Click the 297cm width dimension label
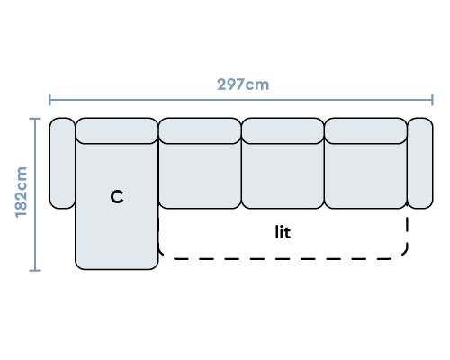click(x=243, y=85)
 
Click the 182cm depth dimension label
click(x=22, y=192)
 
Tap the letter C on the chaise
click(x=117, y=197)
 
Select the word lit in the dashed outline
click(x=283, y=232)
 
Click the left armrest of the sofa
click(x=62, y=163)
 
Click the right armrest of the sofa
click(x=420, y=163)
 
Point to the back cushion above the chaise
click(x=117, y=130)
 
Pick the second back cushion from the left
click(x=200, y=130)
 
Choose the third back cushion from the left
click(x=283, y=130)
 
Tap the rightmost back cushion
click(x=365, y=130)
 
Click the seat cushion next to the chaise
click(x=200, y=175)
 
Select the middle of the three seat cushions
click(x=283, y=175)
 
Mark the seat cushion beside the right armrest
click(x=365, y=175)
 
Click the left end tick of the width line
click(x=49, y=100)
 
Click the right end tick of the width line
click(x=432, y=100)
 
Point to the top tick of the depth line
click(x=35, y=119)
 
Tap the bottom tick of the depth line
click(x=35, y=271)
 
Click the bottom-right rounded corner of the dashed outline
click(x=404, y=254)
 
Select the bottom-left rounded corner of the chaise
click(x=77, y=266)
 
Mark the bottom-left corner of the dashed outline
click(x=161, y=255)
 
